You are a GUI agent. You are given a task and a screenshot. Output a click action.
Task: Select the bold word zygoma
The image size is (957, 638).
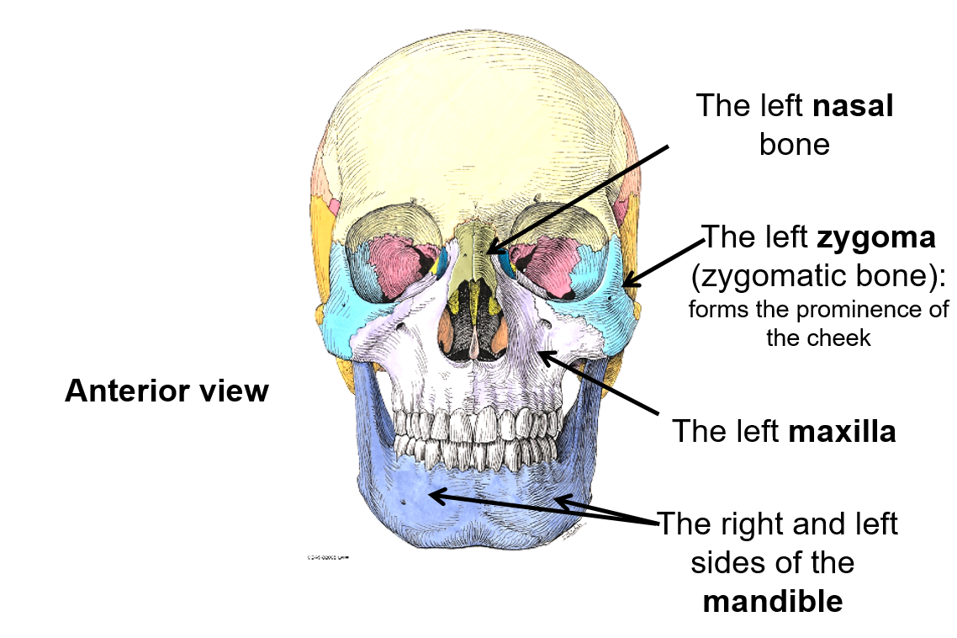point(875,237)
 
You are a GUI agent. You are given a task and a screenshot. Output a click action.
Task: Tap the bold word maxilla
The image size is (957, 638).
point(842,432)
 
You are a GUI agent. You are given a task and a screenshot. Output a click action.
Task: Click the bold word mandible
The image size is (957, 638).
point(772,601)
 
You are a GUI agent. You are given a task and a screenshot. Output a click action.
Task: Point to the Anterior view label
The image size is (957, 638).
point(167,391)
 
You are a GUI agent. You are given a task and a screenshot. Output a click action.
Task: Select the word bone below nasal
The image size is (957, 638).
point(794,145)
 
